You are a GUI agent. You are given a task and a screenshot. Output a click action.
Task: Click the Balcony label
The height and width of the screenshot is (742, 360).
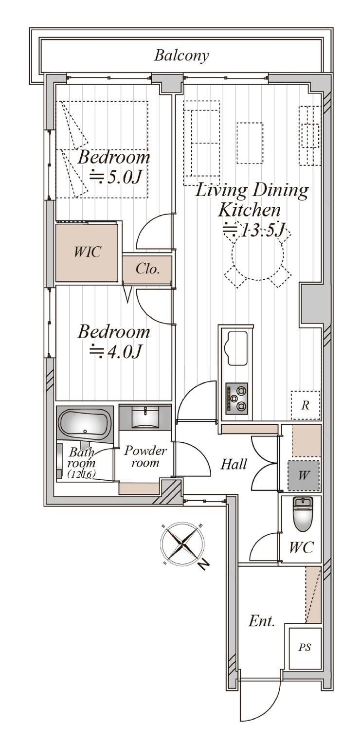click(181, 55)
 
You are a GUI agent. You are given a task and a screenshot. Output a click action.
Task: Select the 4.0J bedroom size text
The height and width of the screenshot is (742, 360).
click(116, 351)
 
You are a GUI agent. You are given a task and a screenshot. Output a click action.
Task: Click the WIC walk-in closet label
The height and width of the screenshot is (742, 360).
click(87, 252)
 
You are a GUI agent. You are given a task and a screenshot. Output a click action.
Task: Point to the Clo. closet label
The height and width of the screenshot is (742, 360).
click(148, 269)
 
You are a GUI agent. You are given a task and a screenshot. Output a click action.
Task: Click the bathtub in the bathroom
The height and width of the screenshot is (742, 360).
click(85, 422)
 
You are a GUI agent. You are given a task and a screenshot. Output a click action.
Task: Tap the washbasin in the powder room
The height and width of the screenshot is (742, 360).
click(145, 416)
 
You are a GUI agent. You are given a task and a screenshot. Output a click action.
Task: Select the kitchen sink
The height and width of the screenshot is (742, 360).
click(235, 348)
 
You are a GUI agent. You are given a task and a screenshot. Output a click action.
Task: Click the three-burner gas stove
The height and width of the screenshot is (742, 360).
click(237, 398)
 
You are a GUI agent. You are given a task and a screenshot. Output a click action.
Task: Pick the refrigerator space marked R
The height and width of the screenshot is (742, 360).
click(306, 405)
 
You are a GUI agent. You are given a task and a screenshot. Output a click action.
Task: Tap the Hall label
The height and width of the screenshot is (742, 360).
click(234, 464)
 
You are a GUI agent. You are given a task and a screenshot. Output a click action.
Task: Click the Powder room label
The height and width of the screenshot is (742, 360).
click(145, 457)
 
